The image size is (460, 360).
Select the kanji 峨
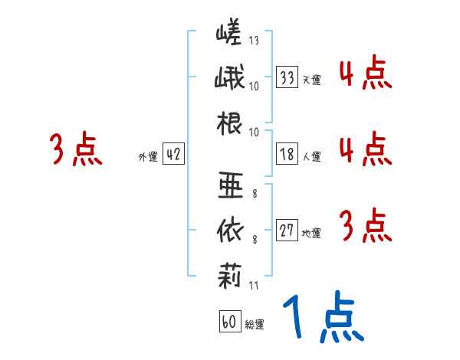[x=229, y=79]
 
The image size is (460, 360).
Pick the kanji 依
[x=229, y=229]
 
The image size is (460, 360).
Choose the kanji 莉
[x=229, y=273]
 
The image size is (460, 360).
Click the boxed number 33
[x=287, y=77]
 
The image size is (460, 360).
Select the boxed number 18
[x=287, y=155]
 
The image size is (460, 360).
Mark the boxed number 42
[x=173, y=155]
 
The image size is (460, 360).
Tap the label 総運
[x=254, y=325]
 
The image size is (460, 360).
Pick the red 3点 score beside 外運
[x=75, y=150]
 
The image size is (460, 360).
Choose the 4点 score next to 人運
[x=365, y=149]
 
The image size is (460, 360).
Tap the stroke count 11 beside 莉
[x=253, y=286]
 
